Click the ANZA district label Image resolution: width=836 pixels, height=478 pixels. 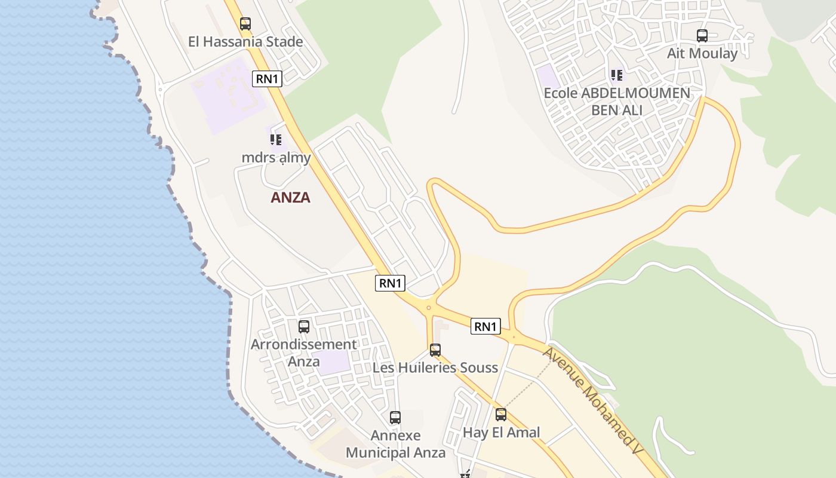click(290, 197)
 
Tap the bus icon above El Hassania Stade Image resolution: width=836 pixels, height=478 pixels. click(245, 24)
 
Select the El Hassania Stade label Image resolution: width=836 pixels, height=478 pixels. click(245, 42)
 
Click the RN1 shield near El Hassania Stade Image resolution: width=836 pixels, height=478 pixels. click(267, 79)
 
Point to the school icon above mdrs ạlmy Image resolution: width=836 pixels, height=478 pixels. click(275, 140)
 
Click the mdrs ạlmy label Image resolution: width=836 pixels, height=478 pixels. click(276, 158)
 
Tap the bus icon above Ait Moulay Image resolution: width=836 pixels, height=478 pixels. click(702, 36)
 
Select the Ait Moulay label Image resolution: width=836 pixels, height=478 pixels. click(702, 53)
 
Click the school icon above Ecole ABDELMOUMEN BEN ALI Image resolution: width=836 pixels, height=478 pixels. click(617, 75)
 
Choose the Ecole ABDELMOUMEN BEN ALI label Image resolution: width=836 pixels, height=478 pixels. click(617, 102)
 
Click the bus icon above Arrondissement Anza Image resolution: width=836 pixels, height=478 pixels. click(304, 327)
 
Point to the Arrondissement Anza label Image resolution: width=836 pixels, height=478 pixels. click(304, 353)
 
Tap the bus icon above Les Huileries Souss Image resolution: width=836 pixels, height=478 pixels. click(435, 350)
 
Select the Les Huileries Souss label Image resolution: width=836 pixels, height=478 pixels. click(435, 367)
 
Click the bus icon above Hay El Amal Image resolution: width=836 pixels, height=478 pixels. click(501, 415)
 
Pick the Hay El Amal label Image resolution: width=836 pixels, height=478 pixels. click(502, 432)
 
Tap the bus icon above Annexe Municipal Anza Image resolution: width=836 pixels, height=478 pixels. click(395, 418)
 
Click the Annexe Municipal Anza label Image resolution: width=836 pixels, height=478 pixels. click(395, 444)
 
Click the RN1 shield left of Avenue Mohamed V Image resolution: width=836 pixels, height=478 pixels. click(485, 326)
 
